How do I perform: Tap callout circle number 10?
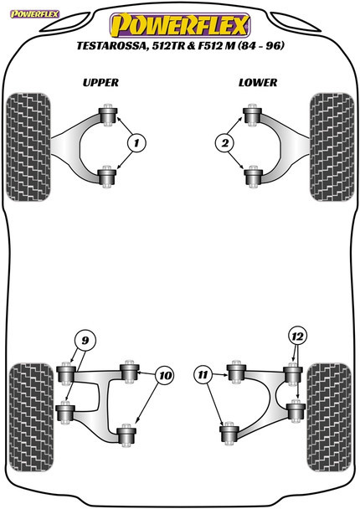click(165, 376)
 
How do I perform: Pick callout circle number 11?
click(202, 376)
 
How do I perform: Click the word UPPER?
click(101, 82)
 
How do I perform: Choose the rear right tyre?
click(331, 398)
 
